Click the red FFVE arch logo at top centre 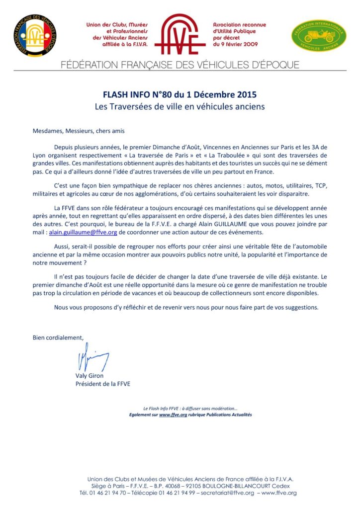pyautogui.click(x=180, y=34)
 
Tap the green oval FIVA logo pyautogui.click(x=318, y=35)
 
